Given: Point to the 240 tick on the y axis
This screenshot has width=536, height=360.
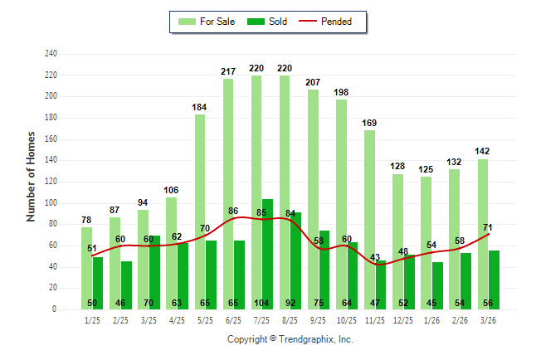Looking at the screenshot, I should [51, 54].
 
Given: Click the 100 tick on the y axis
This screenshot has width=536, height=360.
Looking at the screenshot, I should [51, 203].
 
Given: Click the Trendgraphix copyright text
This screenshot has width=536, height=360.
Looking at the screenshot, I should [290, 339].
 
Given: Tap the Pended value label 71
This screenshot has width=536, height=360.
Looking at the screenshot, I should [488, 226].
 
